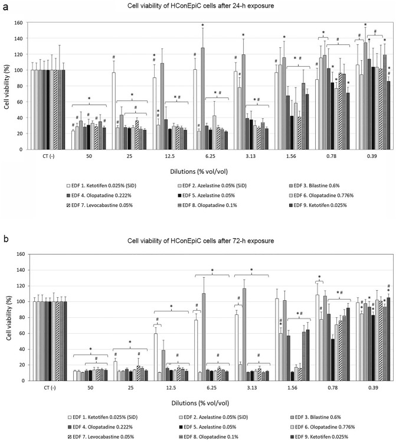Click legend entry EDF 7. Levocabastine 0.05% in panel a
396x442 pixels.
click(x=103, y=205)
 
